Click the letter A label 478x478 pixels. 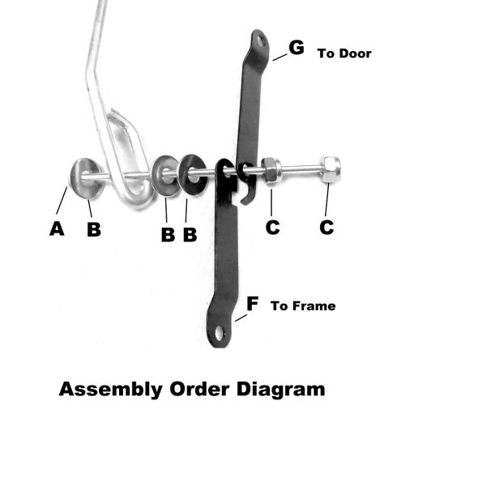[57, 228]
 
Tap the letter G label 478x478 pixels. [297, 48]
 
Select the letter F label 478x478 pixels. [253, 304]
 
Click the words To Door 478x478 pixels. [344, 53]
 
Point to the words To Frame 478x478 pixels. [303, 305]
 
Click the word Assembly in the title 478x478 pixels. [110, 390]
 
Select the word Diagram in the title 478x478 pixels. [281, 390]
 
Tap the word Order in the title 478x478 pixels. [199, 390]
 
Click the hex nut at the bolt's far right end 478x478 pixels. [330, 169]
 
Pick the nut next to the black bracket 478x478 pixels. [271, 171]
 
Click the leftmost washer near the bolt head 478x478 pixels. [86, 178]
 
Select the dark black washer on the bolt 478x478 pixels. [192, 174]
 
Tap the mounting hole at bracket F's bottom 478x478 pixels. [220, 333]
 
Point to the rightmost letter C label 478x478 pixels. [326, 227]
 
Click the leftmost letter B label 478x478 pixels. [94, 229]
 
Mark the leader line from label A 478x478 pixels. [62, 200]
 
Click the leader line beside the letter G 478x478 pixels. [280, 58]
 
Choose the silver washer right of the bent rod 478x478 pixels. [166, 175]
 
